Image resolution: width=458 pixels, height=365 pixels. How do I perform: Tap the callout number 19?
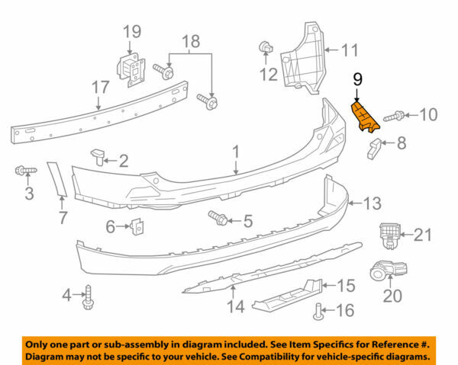pyautogui.click(x=131, y=32)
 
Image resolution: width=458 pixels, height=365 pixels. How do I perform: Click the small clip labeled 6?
pyautogui.click(x=138, y=226)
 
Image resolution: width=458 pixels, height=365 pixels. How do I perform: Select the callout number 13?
pyautogui.click(x=373, y=203)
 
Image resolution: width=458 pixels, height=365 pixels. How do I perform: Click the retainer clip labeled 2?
pyautogui.click(x=97, y=158)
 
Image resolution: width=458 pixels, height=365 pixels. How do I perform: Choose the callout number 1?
pyautogui.click(x=236, y=152)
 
